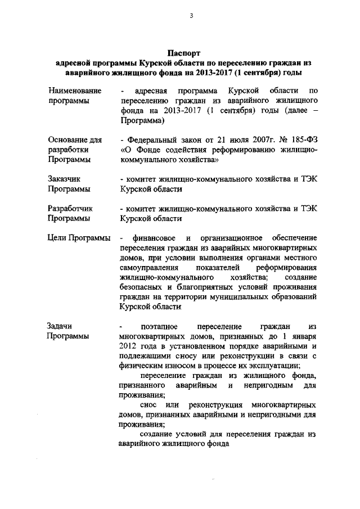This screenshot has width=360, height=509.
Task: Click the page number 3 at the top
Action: (191, 15)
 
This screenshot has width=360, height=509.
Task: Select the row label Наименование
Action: (75, 91)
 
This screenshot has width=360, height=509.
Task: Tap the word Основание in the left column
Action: (67, 140)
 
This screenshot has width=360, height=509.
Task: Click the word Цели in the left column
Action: (57, 238)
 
